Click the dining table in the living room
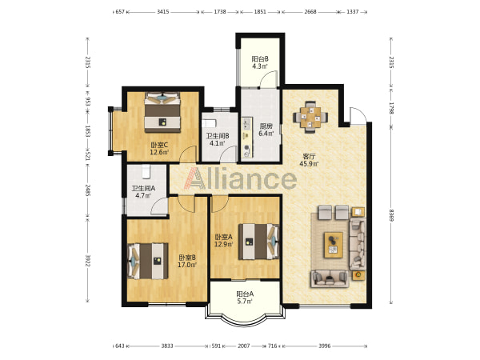310,117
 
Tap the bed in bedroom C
162,112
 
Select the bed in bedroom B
148,261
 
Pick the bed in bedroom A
259,242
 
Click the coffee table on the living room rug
334,245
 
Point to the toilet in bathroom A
146,172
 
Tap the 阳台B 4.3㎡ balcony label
260,62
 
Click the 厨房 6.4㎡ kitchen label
266,130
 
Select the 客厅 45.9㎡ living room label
309,160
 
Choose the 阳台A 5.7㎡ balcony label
245,298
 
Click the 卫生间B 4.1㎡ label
218,139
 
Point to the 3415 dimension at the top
163,12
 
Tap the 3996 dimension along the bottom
325,346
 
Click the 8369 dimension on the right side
391,215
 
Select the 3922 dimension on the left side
88,261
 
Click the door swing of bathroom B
229,154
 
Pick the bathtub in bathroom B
209,123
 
